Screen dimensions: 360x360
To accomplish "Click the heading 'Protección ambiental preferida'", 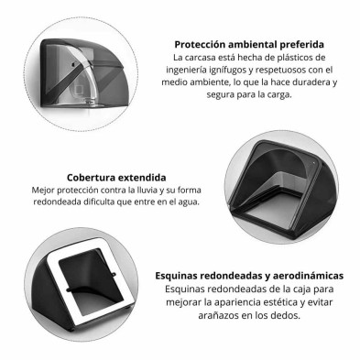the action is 249,45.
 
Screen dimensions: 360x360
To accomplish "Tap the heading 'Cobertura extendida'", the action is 116,178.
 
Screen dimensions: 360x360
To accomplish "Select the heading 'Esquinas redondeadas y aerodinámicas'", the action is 249,276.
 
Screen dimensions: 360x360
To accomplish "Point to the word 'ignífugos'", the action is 230,71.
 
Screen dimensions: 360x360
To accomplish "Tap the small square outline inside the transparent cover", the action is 80,90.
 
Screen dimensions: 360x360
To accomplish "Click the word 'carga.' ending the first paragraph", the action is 279,95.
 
